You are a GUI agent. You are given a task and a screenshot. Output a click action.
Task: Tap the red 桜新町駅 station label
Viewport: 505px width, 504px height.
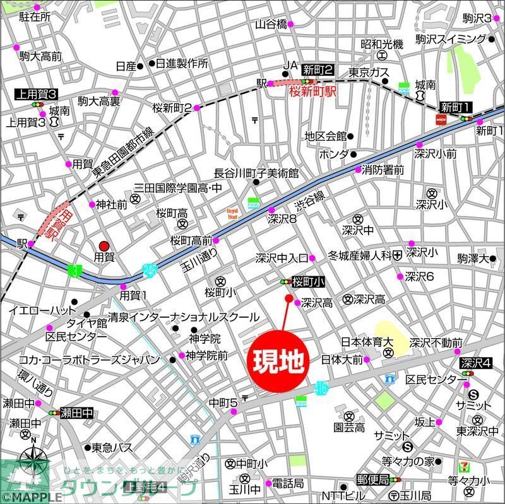[313, 91]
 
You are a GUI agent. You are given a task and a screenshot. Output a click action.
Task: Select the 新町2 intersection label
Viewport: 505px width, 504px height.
[317, 69]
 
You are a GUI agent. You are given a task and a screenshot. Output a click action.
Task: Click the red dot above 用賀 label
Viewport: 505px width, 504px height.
[104, 246]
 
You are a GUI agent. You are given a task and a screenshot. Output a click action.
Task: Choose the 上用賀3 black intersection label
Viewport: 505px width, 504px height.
[36, 94]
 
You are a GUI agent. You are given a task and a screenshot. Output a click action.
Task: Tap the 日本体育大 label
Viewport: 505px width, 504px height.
[367, 342]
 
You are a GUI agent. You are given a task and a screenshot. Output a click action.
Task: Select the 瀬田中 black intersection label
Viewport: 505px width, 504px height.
[76, 413]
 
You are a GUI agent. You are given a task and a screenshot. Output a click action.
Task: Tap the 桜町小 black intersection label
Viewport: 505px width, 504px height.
[309, 281]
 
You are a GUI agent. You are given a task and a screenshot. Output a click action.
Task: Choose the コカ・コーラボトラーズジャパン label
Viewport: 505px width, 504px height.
[89, 360]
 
